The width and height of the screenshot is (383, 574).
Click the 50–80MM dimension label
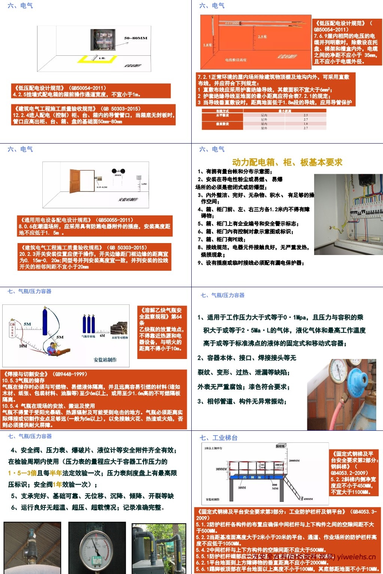(x=136, y=38)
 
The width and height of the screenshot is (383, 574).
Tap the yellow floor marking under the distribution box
(x=97, y=58)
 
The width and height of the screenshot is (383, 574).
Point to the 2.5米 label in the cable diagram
(x=262, y=37)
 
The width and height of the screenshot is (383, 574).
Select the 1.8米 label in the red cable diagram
(x=208, y=45)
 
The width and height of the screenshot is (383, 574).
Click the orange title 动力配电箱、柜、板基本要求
(x=287, y=162)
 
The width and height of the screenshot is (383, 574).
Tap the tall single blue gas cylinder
(x=45, y=322)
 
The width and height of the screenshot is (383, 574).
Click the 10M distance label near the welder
(x=23, y=346)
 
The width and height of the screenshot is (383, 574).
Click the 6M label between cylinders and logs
(x=102, y=336)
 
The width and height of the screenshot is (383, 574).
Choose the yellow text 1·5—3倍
(x=22, y=473)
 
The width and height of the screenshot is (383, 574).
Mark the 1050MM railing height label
(x=221, y=469)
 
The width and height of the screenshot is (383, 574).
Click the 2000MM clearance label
(x=294, y=461)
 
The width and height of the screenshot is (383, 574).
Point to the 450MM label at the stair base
(x=308, y=499)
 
